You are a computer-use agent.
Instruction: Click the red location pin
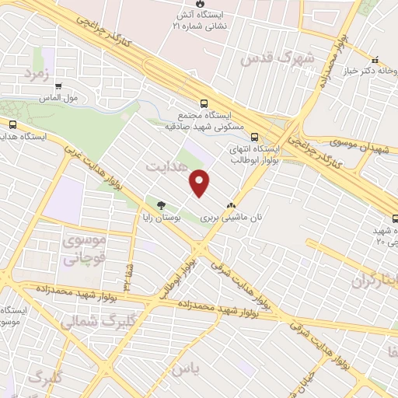[200, 183]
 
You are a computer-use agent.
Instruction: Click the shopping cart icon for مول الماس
[58, 86]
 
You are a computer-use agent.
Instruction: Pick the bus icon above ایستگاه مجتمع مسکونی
[204, 103]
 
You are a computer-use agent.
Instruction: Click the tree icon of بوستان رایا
[161, 205]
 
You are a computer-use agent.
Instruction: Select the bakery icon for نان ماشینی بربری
[229, 206]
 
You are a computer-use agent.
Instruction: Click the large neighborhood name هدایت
[167, 166]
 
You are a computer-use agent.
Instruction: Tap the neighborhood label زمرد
[36, 75]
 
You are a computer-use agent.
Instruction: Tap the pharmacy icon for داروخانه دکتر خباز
[375, 60]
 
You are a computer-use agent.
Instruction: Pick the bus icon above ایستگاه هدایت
[12, 124]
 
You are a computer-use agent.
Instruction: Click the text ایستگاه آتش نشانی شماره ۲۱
[206, 20]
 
